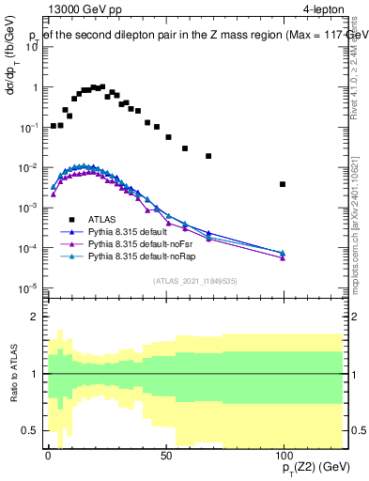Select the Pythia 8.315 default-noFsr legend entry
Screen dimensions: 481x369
pos(143,242)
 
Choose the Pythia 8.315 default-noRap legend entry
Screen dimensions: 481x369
pos(144,255)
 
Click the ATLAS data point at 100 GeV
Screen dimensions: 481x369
pos(283,184)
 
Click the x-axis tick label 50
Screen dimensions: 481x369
pos(164,454)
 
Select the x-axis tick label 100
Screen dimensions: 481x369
pos(283,454)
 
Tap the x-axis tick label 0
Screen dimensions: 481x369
pos(47,454)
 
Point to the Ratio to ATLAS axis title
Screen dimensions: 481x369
pos(14,374)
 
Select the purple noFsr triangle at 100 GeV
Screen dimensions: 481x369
pos(283,257)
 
